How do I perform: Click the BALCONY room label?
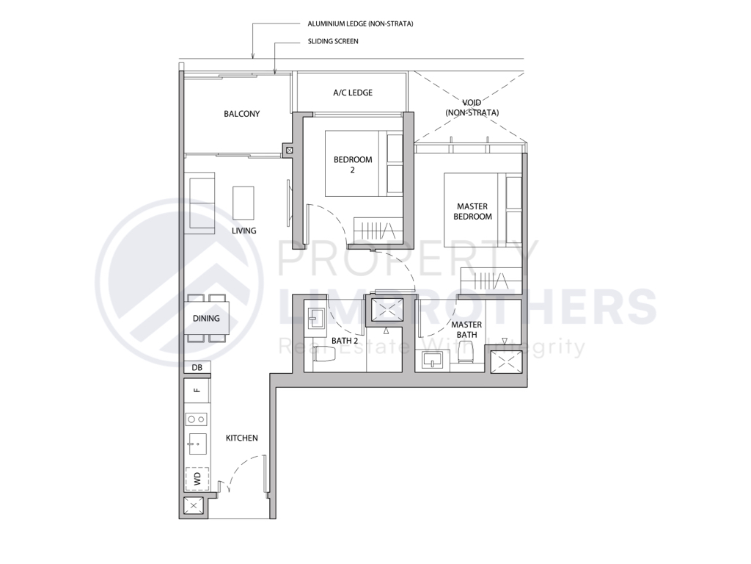241,114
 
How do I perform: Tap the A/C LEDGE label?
353,93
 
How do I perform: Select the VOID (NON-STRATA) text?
472,107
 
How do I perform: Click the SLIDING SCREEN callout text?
334,42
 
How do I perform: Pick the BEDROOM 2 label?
353,164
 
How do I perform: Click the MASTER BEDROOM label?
472,211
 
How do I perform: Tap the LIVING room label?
243,231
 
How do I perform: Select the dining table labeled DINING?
206,319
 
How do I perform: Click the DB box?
197,367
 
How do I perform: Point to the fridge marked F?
196,391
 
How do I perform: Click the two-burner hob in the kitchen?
196,419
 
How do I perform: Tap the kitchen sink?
196,443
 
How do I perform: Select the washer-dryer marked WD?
196,479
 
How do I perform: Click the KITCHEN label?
241,438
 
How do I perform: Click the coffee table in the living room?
243,201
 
